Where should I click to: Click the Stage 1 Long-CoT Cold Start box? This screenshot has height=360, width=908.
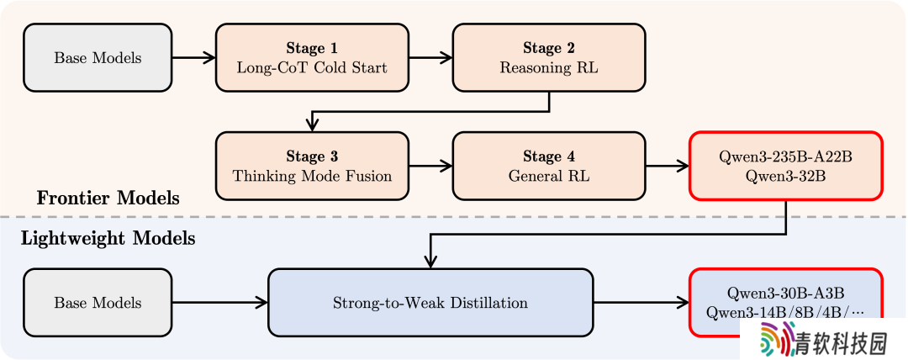pos(312,57)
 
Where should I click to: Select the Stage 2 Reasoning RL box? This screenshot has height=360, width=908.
pos(549,57)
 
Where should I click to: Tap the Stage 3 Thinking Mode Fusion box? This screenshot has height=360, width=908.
pos(312,166)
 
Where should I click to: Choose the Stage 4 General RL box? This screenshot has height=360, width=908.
pos(549,166)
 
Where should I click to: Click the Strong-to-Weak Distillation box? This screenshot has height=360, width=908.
pos(430,302)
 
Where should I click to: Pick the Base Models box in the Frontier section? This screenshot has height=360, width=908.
pos(98,57)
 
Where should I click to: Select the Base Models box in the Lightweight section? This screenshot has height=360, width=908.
pos(98,302)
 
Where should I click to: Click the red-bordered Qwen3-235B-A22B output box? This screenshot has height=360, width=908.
pos(786,166)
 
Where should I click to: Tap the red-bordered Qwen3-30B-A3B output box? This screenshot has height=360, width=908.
pos(786,302)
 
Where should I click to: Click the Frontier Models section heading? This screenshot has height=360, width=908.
pos(108,199)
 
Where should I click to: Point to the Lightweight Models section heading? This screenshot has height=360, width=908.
pos(108,238)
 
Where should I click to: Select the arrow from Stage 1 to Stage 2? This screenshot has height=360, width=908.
pos(430,57)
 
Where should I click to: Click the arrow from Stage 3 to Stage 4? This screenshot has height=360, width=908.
pos(430,166)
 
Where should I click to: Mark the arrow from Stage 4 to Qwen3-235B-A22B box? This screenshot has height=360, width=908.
pos(667,166)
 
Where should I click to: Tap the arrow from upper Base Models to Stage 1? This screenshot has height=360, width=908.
pos(194,57)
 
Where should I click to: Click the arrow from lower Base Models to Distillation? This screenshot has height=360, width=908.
pos(220,302)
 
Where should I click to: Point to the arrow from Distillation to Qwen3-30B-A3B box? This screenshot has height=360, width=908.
pos(641,302)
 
